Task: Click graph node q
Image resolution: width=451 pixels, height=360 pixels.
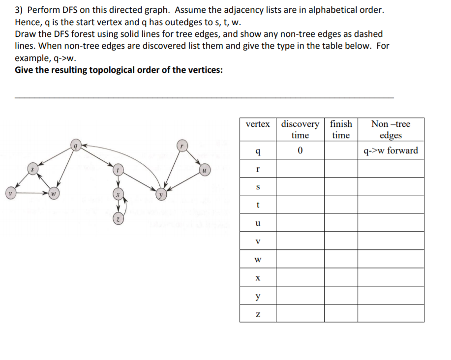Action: point(75,146)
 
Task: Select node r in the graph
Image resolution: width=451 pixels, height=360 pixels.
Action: point(182,146)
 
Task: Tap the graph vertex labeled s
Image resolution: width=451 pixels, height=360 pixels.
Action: point(32,169)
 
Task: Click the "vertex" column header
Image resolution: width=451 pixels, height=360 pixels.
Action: point(258,124)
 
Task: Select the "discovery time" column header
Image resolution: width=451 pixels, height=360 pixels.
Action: point(300,129)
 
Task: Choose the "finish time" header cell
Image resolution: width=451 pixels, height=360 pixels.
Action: point(340,129)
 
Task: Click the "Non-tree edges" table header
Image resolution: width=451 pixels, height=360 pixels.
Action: point(391,129)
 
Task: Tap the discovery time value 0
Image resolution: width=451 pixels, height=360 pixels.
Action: point(300,150)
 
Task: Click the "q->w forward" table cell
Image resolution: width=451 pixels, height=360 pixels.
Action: point(391,150)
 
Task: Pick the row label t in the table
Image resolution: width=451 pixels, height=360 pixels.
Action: point(258,205)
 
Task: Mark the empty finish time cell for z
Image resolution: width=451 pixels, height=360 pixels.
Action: point(340,313)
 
